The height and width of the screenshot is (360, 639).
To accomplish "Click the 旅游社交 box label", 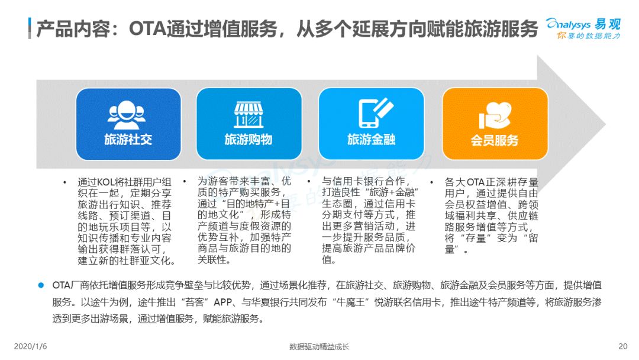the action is (128, 139).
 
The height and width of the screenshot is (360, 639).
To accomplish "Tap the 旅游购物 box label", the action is (248, 139).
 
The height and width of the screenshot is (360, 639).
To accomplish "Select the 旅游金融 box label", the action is (371, 139).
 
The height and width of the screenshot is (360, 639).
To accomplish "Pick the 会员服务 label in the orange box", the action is (494, 140).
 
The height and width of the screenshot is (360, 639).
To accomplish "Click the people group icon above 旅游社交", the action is (127, 115).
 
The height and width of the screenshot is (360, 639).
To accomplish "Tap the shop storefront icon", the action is (248, 115).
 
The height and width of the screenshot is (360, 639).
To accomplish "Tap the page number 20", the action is (622, 346).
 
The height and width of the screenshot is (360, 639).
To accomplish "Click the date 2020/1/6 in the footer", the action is (30, 346).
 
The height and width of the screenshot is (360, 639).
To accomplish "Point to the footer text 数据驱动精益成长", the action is (319, 346).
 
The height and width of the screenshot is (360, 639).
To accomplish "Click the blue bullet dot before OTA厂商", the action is (41, 285).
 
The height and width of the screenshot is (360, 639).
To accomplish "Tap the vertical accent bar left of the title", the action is (30, 28).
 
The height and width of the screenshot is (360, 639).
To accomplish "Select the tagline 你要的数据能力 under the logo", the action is (589, 36).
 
